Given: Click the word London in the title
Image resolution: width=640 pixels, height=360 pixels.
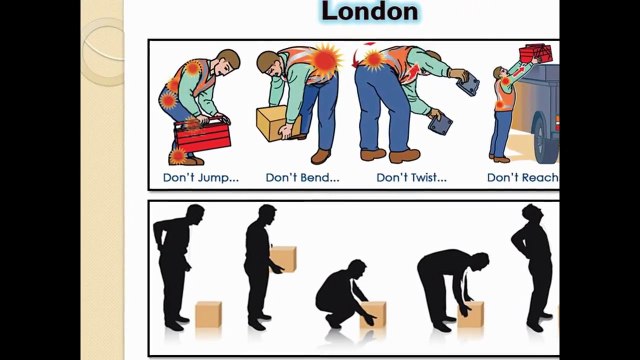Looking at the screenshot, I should pos(369,12).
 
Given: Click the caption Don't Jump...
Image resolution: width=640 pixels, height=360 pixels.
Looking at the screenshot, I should pos(201,178).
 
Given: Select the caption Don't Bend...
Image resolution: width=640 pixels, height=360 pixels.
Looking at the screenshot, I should pos(302,178).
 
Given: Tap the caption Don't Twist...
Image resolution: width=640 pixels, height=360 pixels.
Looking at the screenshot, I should pos(411,178).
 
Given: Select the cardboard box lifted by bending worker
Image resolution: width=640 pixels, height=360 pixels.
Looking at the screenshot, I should pos(278,124).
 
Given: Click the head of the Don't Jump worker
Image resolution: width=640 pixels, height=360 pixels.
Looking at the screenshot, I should pos(229,60).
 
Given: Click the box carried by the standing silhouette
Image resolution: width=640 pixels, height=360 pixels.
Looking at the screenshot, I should pos(284,259).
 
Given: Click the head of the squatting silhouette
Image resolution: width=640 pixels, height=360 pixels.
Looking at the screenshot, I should pos(357,269).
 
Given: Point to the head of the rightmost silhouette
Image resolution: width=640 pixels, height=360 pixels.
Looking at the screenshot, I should pos(532,214).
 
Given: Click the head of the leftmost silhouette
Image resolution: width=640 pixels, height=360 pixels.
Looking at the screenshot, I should pos(194,215).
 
